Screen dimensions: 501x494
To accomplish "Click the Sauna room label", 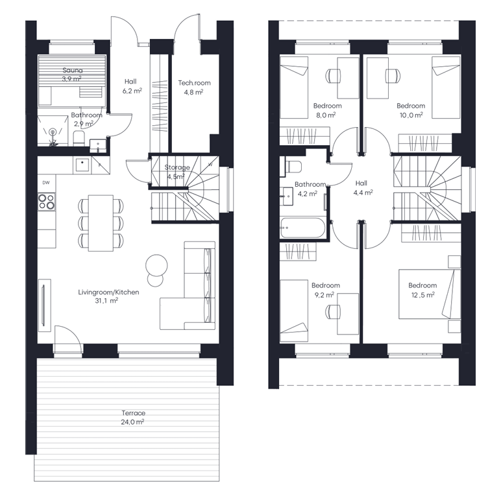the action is point(73,70).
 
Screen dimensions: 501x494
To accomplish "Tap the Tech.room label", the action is point(194,83).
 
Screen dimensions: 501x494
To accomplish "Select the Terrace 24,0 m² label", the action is point(133,418).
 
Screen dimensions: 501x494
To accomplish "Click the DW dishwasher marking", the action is point(46,183).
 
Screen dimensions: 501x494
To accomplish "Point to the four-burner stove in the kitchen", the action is point(46,202).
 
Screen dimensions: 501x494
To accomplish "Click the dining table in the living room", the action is point(101,223).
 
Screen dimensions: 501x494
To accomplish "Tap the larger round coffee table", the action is point(156,265).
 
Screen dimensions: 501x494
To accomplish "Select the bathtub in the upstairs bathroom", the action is point(302,228).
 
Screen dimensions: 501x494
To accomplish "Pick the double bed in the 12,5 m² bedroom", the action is point(430,294).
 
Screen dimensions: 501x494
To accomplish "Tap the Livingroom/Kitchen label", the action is point(108,292).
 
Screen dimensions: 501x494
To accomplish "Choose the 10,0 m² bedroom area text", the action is point(411,115).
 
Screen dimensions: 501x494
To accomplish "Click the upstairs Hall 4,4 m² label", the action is point(363,188).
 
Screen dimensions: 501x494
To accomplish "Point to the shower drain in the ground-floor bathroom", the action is point(53,132).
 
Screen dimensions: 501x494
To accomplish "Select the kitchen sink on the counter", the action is point(82,165).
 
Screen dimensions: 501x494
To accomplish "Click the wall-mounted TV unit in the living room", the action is point(44,305).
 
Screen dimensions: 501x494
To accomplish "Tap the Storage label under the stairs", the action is point(177,167).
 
